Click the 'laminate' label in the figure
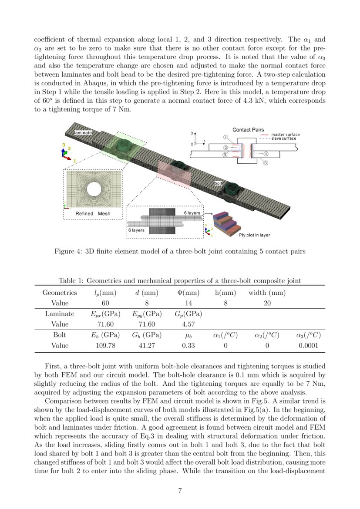[82, 132]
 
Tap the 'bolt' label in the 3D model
[218, 184]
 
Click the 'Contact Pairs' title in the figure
[248, 130]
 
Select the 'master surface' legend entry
[285, 135]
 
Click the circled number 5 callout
[265, 163]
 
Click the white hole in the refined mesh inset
[93, 189]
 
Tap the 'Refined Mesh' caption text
[93, 213]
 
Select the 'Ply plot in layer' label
[255, 235]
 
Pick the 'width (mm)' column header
[267, 293]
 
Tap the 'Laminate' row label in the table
[60, 313]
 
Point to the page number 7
[180, 491]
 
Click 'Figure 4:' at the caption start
[67, 251]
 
